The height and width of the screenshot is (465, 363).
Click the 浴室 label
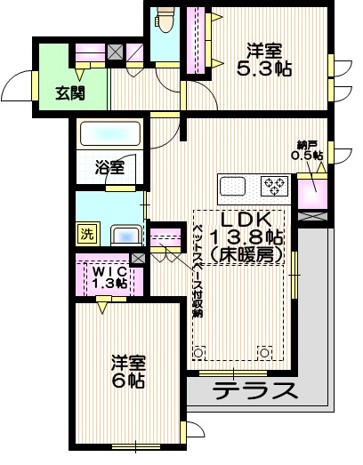[x=109, y=166]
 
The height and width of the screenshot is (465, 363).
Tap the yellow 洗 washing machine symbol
[x=86, y=234]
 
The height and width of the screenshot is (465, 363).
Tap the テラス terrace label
[x=254, y=390]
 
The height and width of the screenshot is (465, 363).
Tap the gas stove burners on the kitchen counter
[x=274, y=186]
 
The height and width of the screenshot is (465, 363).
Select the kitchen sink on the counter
[x=233, y=187]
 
